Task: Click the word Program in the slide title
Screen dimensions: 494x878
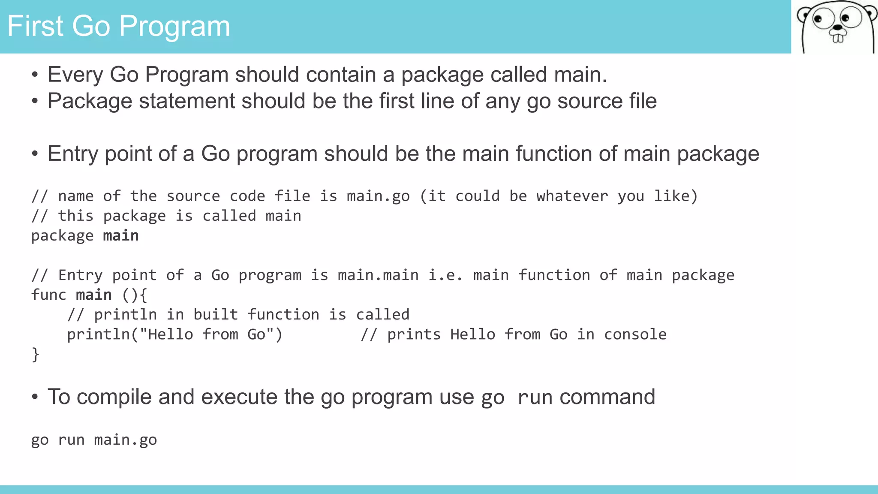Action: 174,27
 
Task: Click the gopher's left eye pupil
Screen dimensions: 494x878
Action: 818,19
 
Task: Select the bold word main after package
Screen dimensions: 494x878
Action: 120,236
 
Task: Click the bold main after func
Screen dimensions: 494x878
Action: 93,295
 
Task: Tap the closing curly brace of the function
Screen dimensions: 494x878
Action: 36,355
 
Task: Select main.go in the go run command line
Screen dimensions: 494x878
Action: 125,440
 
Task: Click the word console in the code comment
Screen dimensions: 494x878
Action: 635,334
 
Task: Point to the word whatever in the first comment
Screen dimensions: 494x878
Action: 572,196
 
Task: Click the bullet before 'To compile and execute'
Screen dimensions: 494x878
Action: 35,397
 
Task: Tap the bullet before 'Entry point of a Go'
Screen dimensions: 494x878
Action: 35,154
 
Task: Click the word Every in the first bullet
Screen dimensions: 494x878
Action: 75,75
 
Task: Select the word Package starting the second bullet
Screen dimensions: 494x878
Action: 90,102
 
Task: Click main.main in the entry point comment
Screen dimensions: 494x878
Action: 378,275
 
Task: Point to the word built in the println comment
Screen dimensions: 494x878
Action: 215,315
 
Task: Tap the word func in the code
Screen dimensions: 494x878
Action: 48,295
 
